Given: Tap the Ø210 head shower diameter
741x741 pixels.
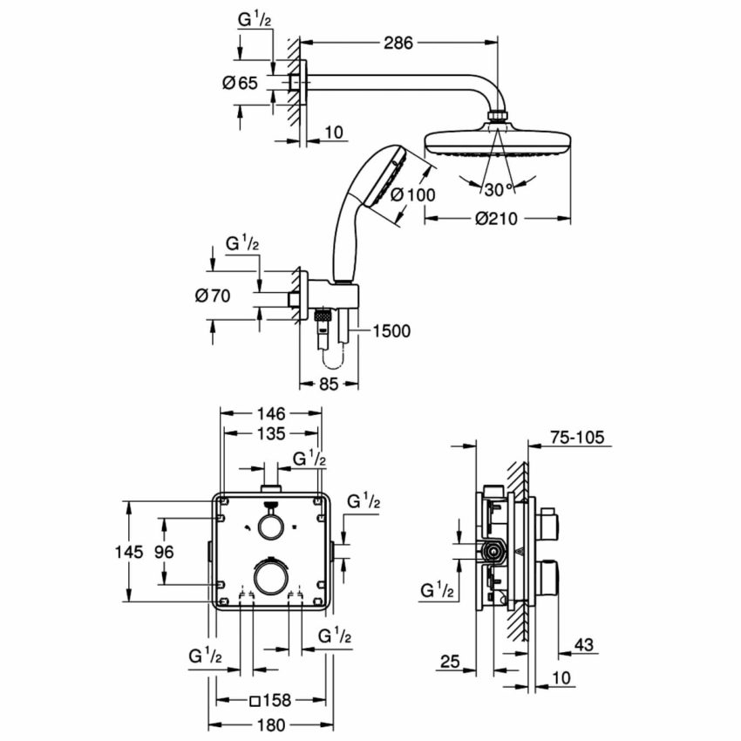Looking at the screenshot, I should coord(497,220).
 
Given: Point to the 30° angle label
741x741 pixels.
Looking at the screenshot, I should coord(498,189).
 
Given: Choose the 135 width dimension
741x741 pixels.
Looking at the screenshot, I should coord(271,434).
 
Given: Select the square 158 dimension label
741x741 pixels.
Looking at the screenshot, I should coord(269,699).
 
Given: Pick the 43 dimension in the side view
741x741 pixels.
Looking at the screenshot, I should coord(585,645).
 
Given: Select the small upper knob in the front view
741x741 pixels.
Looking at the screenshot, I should coord(270,525).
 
